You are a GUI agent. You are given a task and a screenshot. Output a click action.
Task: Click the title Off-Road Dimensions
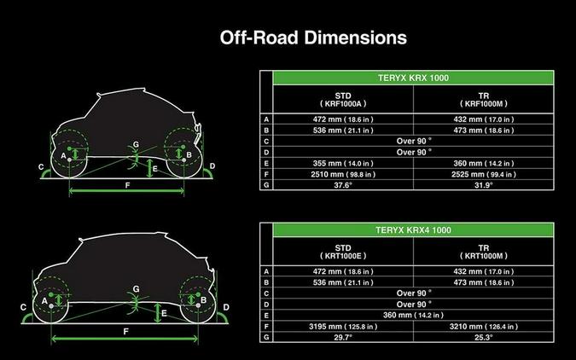[313, 38]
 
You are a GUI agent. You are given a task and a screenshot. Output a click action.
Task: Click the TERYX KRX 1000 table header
[413, 78]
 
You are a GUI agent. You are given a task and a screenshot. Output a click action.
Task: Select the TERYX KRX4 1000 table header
[413, 230]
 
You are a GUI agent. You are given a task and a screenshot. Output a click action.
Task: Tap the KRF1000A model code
[343, 104]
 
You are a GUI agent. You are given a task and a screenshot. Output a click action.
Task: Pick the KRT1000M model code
[484, 256]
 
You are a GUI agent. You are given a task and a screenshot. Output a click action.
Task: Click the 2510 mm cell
[343, 175]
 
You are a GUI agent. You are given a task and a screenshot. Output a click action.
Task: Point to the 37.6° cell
[343, 185]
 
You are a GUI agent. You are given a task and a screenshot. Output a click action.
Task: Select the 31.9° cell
[484, 185]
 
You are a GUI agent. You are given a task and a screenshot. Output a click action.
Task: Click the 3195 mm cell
[343, 327]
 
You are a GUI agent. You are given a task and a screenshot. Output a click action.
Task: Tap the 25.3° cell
[484, 337]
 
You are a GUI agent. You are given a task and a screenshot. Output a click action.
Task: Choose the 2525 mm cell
[484, 175]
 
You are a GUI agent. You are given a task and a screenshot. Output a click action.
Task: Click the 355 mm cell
[343, 164]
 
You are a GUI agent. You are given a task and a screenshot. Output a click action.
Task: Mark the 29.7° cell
[343, 337]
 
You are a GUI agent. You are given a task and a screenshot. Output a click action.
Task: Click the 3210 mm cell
[484, 327]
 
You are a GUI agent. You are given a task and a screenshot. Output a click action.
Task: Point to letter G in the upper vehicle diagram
[136, 144]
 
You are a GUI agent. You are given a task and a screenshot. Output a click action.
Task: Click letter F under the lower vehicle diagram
[126, 332]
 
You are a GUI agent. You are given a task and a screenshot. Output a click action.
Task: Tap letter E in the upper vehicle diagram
[155, 169]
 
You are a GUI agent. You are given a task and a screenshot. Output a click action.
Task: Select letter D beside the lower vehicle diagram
[226, 307]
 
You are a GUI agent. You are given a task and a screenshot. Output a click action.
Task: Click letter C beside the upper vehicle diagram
[41, 167]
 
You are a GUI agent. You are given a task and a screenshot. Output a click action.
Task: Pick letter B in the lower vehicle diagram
[203, 300]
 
